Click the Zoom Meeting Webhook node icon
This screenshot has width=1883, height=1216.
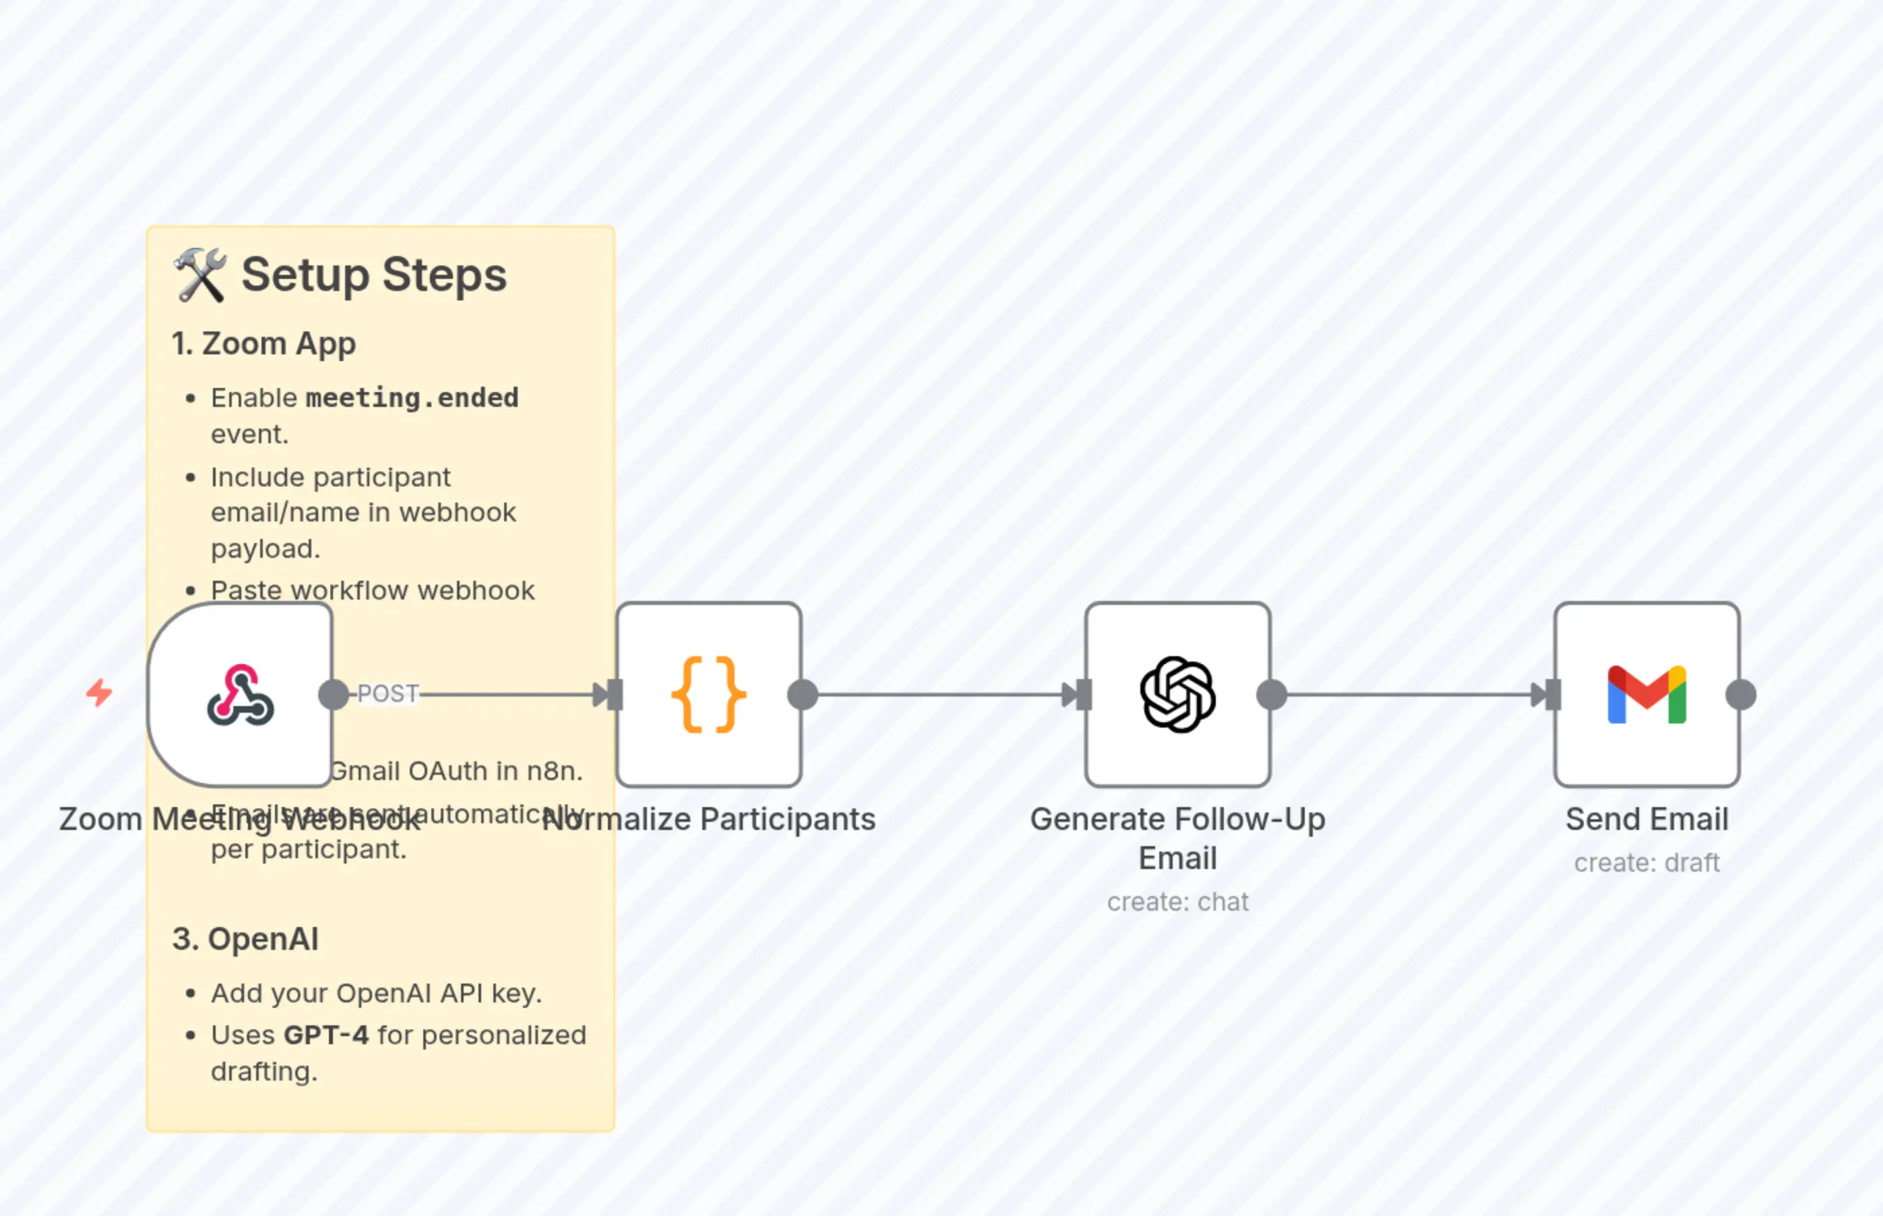(x=240, y=695)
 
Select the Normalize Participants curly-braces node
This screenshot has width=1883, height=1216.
(x=708, y=695)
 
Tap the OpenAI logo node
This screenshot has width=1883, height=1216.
(x=1177, y=695)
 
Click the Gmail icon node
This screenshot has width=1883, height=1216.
(x=1647, y=695)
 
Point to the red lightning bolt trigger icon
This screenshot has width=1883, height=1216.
(x=100, y=693)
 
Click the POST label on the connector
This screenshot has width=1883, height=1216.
(x=387, y=693)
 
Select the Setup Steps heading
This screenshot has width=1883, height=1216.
(x=373, y=275)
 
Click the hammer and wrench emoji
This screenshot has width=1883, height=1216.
(x=200, y=275)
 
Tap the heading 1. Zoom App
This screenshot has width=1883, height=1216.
(x=264, y=344)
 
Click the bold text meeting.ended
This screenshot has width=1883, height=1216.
(x=412, y=397)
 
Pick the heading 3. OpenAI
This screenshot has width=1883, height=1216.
(x=245, y=939)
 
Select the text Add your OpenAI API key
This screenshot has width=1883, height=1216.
(x=376, y=993)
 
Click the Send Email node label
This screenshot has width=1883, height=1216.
(x=1647, y=819)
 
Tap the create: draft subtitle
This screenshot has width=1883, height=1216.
(x=1647, y=863)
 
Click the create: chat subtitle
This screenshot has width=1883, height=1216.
(x=1177, y=902)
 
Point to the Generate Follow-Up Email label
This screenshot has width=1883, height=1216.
(x=1177, y=838)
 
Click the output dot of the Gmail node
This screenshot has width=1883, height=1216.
(x=1741, y=695)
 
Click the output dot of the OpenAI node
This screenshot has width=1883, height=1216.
(x=1272, y=695)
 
